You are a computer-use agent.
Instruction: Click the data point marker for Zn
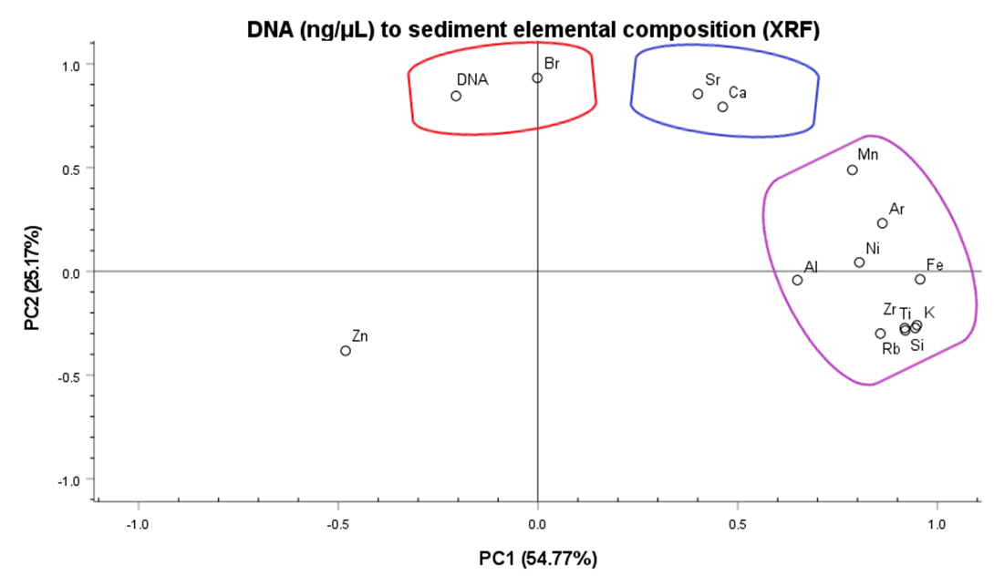(x=346, y=351)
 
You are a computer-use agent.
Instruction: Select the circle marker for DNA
(x=456, y=96)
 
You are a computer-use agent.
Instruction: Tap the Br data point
(x=537, y=77)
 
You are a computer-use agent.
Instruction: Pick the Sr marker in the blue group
(x=698, y=94)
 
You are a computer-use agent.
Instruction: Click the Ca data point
(x=722, y=107)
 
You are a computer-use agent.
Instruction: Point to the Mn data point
(x=852, y=170)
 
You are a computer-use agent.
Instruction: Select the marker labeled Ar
(x=882, y=223)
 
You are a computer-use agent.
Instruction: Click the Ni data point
(x=859, y=262)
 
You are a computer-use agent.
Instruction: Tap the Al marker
(x=797, y=280)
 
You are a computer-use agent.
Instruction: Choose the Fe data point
(x=920, y=279)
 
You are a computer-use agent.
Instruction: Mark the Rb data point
(x=880, y=334)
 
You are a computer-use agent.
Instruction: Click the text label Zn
(x=359, y=336)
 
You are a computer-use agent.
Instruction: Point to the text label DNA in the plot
(x=473, y=79)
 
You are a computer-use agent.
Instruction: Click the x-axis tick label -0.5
(x=337, y=525)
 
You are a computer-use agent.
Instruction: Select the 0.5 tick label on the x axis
(x=738, y=525)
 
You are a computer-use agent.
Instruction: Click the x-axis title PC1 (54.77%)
(x=538, y=558)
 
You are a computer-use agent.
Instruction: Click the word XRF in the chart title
(x=792, y=30)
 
